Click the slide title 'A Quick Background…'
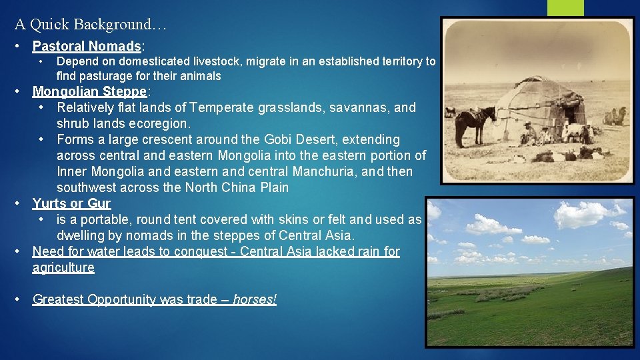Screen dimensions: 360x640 [91, 25]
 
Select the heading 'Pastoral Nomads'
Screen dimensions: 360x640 [87, 47]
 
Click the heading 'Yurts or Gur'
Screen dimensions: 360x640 [71, 203]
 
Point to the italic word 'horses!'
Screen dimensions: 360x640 [255, 299]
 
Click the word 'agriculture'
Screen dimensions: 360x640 [63, 267]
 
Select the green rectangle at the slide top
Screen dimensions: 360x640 [565, 7]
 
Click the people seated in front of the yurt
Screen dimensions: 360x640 [537, 134]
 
